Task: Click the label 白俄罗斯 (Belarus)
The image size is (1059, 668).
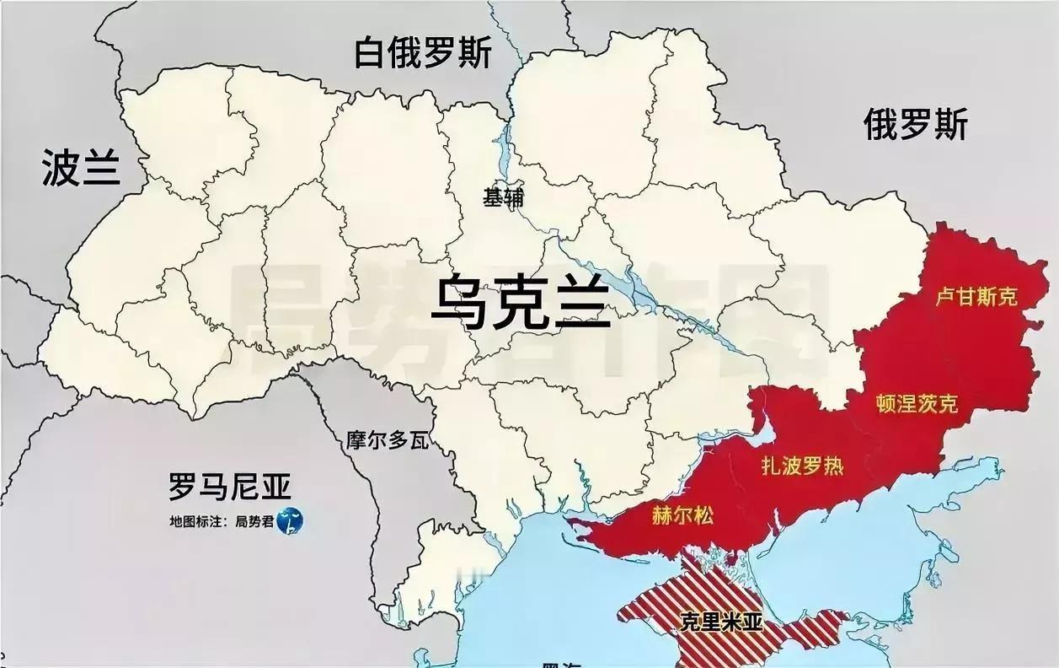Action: point(423,53)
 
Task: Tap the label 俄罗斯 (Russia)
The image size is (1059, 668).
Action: point(916,126)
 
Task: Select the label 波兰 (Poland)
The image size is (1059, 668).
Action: point(81,169)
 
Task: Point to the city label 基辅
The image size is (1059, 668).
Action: point(503,197)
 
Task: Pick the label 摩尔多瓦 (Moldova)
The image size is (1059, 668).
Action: point(388,440)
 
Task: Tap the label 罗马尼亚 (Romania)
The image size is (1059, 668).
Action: point(229,487)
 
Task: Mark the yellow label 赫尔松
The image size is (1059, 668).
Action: point(682,514)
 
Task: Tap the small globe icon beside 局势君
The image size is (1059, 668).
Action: point(289,522)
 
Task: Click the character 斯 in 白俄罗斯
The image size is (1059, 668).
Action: point(476,53)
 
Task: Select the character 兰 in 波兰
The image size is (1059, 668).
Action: point(101,169)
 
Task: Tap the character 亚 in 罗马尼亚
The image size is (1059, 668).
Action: point(275,487)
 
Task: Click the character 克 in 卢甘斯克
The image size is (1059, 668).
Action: point(1008,296)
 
